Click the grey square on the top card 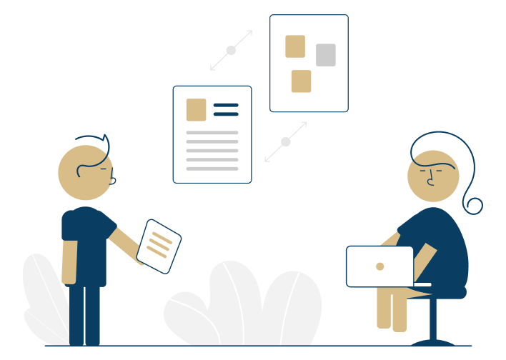(x=326, y=55)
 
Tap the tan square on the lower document (x=196, y=110)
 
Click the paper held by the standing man (x=159, y=246)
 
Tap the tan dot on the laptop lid (x=380, y=266)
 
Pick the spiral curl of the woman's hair (x=473, y=206)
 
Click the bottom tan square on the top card (x=301, y=81)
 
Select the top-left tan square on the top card (x=295, y=46)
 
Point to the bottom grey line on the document (x=212, y=169)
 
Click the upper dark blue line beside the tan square (x=226, y=105)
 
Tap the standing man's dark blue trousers (x=84, y=314)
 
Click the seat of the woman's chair (x=446, y=292)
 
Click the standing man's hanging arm (x=69, y=261)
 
